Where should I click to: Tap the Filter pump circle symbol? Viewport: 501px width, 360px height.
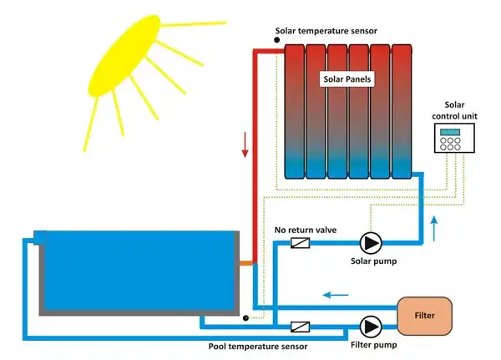(368, 325)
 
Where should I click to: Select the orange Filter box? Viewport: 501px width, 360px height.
(424, 315)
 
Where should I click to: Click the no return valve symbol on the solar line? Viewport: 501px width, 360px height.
(299, 243)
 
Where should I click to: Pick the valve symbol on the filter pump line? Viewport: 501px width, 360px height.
(300, 326)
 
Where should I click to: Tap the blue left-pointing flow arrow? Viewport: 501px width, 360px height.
(337, 293)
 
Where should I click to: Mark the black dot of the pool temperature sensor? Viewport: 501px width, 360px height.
(244, 318)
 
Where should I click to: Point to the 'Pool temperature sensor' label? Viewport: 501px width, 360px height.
(258, 346)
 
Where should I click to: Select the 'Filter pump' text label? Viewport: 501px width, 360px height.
(374, 344)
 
